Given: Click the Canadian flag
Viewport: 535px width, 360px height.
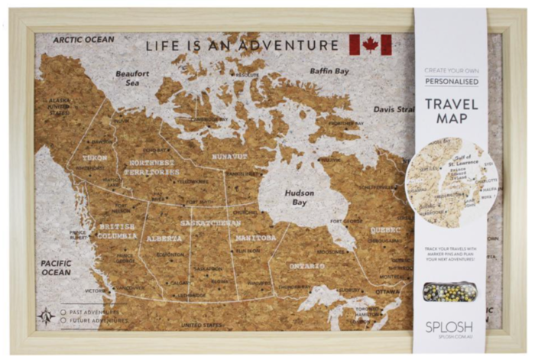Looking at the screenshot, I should pyautogui.click(x=370, y=45).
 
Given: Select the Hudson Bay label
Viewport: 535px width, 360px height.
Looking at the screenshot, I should pyautogui.click(x=300, y=198).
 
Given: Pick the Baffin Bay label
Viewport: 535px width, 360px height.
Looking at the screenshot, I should pyautogui.click(x=329, y=72).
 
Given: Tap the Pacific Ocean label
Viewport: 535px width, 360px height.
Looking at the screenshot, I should pyautogui.click(x=56, y=268).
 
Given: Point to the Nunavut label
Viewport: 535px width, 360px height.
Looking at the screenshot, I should pyautogui.click(x=229, y=156).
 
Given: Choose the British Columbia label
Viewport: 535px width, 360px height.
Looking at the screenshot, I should pyautogui.click(x=117, y=232).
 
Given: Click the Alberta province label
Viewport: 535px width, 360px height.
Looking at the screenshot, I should pyautogui.click(x=164, y=238).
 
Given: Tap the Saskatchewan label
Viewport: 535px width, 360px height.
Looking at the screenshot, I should pyautogui.click(x=211, y=222).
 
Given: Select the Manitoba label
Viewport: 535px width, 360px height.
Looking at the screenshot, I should pyautogui.click(x=255, y=238).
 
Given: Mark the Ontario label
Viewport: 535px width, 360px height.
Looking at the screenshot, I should pyautogui.click(x=307, y=266).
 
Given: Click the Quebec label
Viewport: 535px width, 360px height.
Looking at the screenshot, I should pyautogui.click(x=385, y=229).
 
